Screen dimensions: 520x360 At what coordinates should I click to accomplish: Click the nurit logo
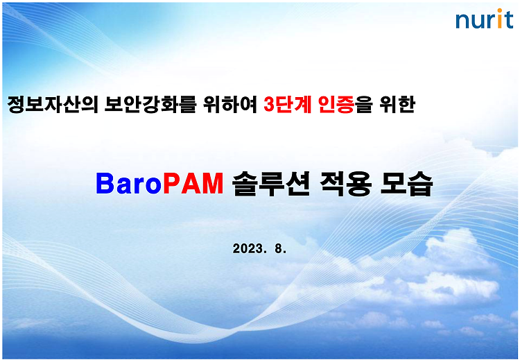pyautogui.click(x=485, y=19)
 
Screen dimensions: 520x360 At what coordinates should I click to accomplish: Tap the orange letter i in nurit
pyautogui.click(x=500, y=19)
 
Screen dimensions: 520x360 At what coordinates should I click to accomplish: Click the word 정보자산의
pyautogui.click(x=53, y=104)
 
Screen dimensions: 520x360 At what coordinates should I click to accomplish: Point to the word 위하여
pyautogui.click(x=230, y=104)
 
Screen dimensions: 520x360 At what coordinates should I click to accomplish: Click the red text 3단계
pyautogui.click(x=288, y=104)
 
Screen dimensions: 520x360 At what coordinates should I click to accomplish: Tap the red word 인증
pyautogui.click(x=336, y=104)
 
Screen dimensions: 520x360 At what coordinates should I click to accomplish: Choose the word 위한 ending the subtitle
pyautogui.click(x=397, y=104)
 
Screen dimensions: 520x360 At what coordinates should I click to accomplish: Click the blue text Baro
pyautogui.click(x=129, y=184)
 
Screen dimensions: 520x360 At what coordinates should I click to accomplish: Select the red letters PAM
pyautogui.click(x=193, y=184)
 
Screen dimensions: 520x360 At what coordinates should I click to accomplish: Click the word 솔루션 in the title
pyautogui.click(x=270, y=184)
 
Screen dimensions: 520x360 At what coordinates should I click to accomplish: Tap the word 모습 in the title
pyautogui.click(x=406, y=184)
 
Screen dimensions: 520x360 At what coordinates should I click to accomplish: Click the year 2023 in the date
pyautogui.click(x=248, y=248)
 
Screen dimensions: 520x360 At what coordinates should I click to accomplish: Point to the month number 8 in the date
pyautogui.click(x=278, y=248)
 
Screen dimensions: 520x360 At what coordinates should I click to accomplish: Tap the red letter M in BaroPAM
pyautogui.click(x=213, y=184)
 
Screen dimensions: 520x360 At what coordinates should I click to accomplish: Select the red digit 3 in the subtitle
pyautogui.click(x=269, y=105)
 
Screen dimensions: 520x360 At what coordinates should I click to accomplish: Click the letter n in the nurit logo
pyautogui.click(x=462, y=22)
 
